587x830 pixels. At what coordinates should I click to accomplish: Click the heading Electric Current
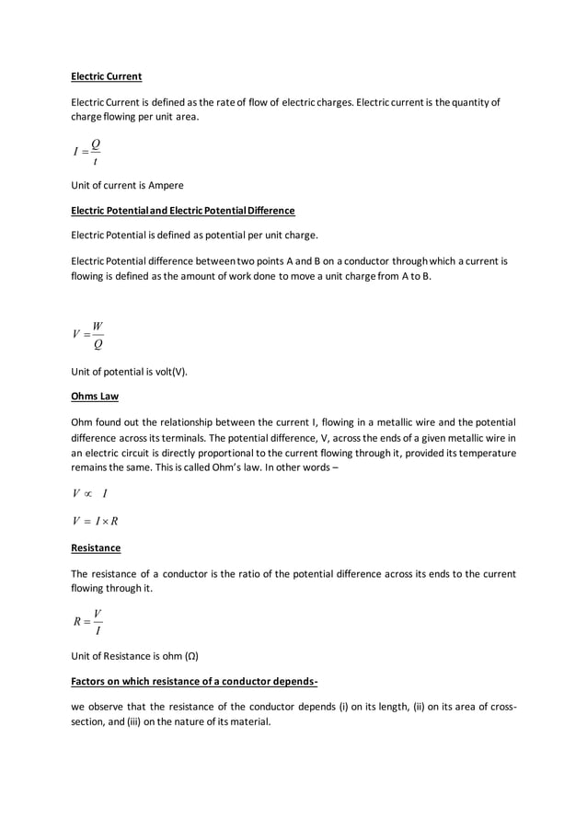click(106, 76)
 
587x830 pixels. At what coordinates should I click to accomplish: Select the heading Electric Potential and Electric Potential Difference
click(182, 211)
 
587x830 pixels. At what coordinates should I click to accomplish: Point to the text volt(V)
click(168, 372)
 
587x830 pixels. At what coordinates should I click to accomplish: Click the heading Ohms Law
click(94, 398)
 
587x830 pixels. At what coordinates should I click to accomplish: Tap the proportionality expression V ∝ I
click(89, 494)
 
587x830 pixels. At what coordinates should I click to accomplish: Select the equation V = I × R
click(94, 522)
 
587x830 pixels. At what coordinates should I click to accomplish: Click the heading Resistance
click(96, 548)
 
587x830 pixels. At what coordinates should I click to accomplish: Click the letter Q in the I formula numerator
click(95, 143)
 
